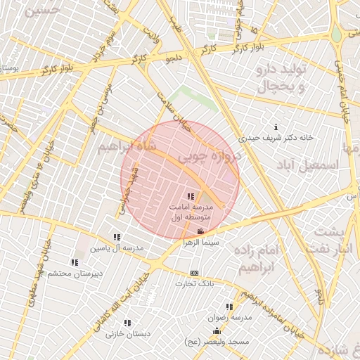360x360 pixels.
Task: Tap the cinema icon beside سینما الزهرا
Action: [201, 231]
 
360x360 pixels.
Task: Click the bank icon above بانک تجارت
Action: [195, 274]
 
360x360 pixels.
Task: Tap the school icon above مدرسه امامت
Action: [191, 196]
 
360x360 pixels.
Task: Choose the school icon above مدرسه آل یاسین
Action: [116, 238]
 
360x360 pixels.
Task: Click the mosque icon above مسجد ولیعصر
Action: [217, 331]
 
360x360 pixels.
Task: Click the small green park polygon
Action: [191, 98]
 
